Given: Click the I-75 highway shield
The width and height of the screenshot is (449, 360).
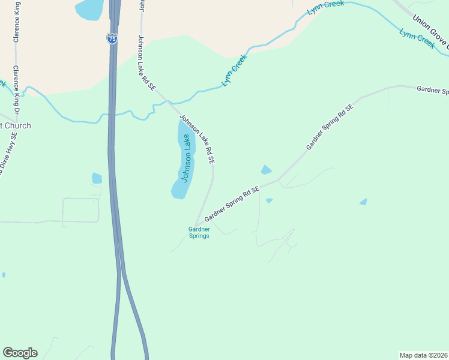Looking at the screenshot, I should (x=112, y=38).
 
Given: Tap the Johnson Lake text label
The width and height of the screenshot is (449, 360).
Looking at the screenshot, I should (x=187, y=158).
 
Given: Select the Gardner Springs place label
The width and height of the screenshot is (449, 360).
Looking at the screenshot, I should (x=199, y=232).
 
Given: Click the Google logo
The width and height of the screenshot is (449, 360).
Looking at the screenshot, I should (x=20, y=353).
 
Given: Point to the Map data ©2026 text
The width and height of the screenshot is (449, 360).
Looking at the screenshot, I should (x=424, y=355).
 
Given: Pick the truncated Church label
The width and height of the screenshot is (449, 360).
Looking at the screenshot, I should (x=14, y=125).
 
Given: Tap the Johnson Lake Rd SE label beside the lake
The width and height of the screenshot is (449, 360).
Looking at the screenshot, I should (x=197, y=140).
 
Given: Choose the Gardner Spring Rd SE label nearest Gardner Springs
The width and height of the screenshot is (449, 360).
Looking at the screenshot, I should (x=232, y=203).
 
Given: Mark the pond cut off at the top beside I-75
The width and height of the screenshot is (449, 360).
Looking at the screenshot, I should (x=90, y=8).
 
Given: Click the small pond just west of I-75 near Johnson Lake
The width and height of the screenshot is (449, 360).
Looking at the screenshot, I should (x=97, y=178).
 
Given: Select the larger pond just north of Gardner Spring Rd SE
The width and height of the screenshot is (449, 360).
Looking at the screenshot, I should (x=266, y=170).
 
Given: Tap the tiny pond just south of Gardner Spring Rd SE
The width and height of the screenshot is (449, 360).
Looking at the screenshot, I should (x=269, y=200).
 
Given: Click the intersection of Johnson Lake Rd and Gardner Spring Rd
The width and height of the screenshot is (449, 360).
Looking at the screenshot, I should (x=196, y=226).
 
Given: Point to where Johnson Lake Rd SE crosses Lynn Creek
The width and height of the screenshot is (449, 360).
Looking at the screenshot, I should (x=167, y=103).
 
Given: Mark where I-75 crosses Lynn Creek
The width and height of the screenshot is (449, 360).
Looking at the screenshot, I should (x=111, y=113).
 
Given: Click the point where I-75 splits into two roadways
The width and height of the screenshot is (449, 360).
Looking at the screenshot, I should (x=122, y=273).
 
